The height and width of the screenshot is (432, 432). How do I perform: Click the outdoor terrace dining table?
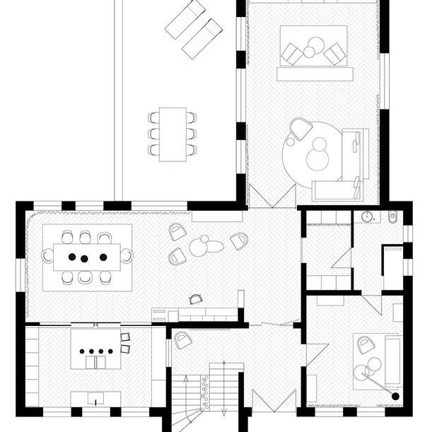point(172,134)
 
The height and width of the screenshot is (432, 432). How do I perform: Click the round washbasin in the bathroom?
point(367,216)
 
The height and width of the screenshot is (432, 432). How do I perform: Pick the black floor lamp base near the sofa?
point(393,395)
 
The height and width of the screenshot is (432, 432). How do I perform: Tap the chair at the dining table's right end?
point(127,255)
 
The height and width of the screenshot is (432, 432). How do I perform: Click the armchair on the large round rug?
point(300,128)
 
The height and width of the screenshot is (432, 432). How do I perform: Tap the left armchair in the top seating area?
point(291,52)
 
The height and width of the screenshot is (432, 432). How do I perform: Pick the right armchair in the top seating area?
point(335,52)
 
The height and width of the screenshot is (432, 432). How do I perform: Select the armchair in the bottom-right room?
point(366,345)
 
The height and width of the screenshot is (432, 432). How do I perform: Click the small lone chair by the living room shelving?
point(195,300)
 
